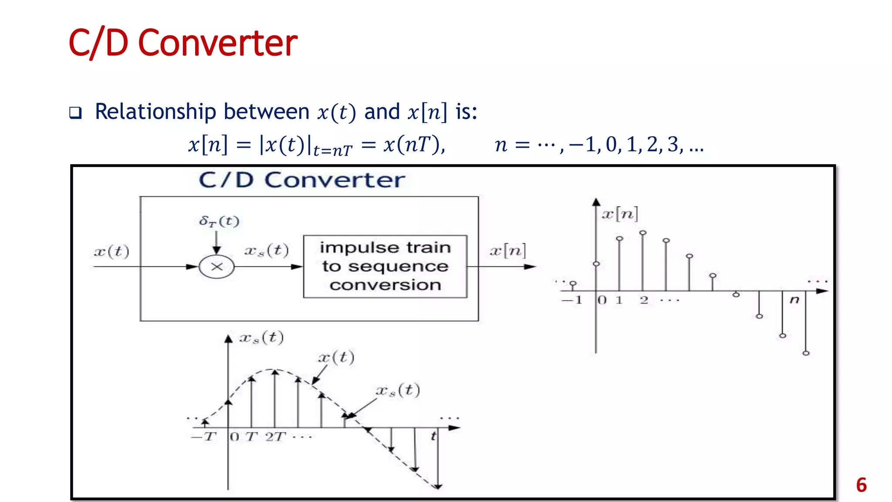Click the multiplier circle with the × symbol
216,267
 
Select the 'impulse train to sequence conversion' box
385,266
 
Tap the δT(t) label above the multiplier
219,221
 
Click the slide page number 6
861,485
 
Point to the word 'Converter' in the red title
217,43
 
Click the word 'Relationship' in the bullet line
155,112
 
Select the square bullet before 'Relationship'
75,113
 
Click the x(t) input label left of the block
111,251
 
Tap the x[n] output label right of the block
507,251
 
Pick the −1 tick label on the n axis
572,300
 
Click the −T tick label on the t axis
204,436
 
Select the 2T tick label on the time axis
275,436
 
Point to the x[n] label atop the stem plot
620,214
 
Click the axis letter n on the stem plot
794,299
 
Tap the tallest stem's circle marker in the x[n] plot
643,233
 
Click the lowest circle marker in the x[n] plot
806,353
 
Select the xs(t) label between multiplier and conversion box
266,251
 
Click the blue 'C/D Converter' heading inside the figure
302,180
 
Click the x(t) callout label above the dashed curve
336,357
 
